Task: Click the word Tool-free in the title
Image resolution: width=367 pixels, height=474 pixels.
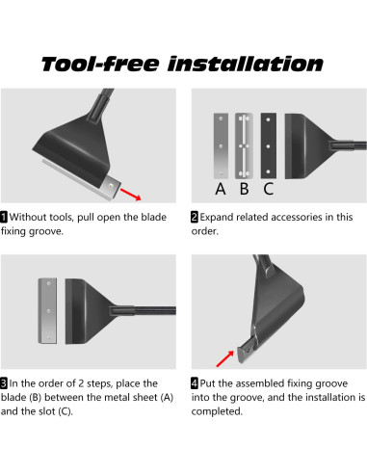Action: (100, 64)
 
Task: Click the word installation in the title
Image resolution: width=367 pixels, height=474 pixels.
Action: (246, 64)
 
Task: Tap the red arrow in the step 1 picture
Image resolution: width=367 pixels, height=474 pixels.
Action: (131, 195)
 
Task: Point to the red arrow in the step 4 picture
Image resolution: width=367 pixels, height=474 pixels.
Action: (225, 358)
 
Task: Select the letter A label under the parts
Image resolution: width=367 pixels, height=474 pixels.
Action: (221, 189)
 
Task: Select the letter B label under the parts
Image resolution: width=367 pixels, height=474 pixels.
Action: (245, 189)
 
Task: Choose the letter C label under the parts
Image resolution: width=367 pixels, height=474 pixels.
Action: (269, 189)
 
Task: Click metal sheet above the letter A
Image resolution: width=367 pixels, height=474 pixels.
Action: (221, 145)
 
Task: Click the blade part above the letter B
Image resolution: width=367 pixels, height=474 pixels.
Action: (244, 145)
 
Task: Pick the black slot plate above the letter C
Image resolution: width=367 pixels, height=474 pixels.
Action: (269, 145)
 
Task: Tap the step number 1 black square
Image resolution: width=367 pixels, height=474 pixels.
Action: (4, 217)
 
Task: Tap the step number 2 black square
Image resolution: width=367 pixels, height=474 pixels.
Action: (195, 217)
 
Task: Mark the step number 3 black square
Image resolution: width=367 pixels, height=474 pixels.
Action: (4, 383)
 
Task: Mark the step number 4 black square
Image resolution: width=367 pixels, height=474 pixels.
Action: (195, 383)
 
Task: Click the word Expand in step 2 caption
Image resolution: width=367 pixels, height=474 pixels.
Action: (217, 218)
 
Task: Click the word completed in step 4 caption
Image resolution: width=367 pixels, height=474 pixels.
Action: (217, 411)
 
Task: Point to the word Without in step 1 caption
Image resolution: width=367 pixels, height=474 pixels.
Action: (29, 217)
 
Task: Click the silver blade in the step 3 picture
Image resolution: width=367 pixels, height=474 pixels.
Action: (47, 311)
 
